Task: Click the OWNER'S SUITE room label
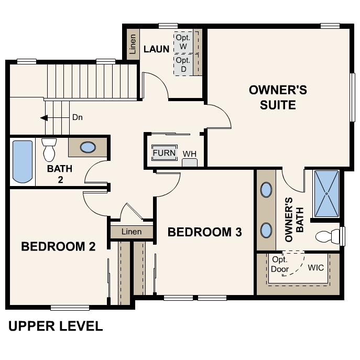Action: pos(278,97)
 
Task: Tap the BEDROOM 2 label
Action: pos(58,246)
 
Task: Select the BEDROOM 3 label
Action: pos(204,232)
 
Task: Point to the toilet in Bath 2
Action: pos(49,150)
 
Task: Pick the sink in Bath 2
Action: pos(88,147)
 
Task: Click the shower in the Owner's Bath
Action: pos(326,193)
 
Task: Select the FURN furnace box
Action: pos(164,153)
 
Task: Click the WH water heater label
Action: pos(189,154)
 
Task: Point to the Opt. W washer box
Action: pos(183,42)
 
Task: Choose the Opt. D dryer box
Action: pos(183,64)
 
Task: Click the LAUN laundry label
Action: pos(156,49)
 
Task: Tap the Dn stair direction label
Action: pos(78,117)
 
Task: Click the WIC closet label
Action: pos(316,268)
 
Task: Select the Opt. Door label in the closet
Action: pos(280,265)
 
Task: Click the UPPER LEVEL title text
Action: pos(56,326)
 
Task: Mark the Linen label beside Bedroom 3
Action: pos(131,232)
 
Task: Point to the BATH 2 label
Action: pos(60,174)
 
